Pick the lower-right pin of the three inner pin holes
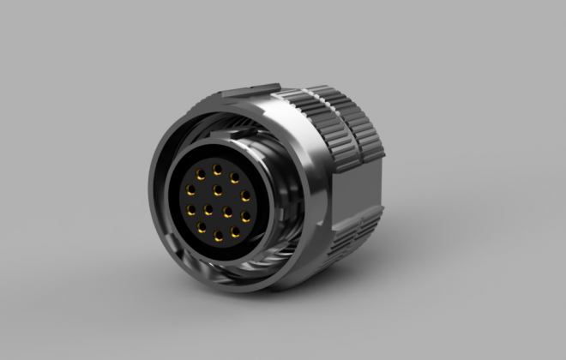[228, 209]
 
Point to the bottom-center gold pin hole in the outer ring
[217, 235]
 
